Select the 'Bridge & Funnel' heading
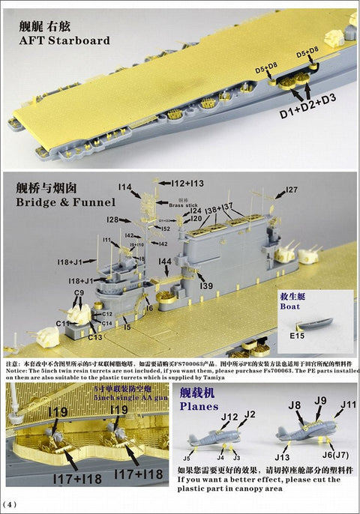tap(67, 202)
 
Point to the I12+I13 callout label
tap(185, 183)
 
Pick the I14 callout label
tap(124, 187)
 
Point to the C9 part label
tap(79, 292)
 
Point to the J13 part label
tap(282, 457)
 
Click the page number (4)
tap(10, 501)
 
